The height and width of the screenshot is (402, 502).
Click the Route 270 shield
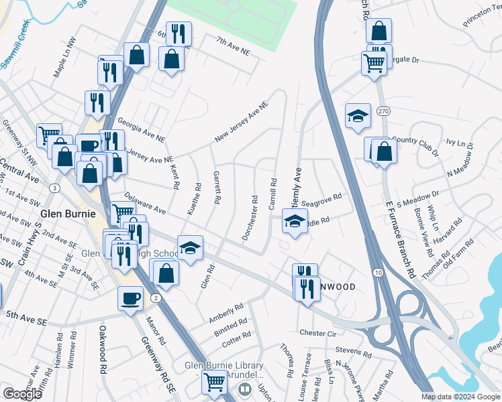pos(383,111)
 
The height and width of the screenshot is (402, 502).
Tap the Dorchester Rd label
pos(249,218)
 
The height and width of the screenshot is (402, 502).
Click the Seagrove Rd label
pos(321,198)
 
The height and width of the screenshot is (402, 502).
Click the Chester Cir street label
pos(317,332)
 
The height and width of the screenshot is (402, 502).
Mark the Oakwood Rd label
pos(103,358)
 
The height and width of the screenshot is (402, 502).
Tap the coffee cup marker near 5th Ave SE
pos(130,297)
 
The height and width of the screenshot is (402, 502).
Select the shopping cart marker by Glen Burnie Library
pos(215,382)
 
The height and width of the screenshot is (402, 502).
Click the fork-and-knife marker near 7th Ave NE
pos(179,33)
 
